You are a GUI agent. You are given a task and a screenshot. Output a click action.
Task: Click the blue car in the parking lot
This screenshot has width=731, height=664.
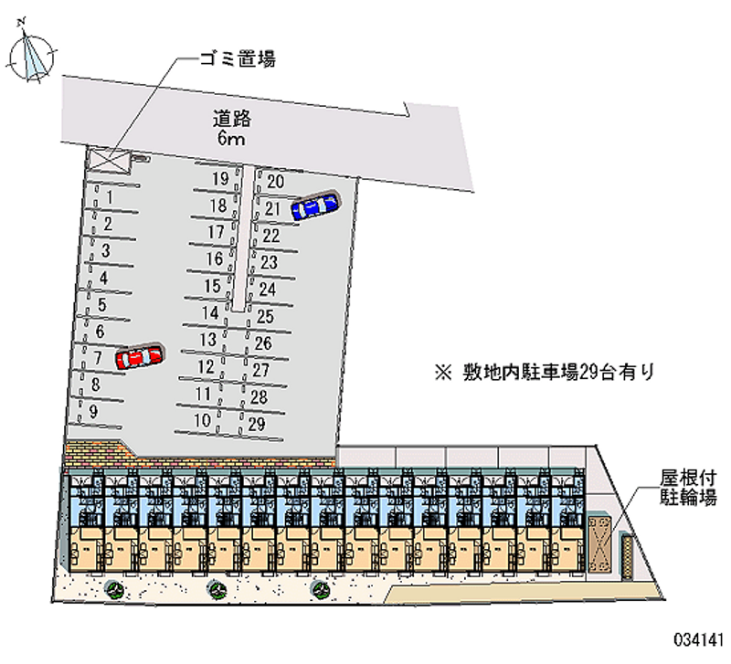coord(313,206)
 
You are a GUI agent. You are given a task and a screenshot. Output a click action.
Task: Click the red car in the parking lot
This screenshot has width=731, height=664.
coord(139,356)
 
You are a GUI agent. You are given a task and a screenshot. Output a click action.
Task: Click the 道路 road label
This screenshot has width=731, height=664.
coord(233,118)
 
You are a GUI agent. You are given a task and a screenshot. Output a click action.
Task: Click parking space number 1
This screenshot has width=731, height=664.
coord(109,195)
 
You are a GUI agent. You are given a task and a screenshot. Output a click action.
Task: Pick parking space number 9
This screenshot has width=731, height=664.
coord(94,411)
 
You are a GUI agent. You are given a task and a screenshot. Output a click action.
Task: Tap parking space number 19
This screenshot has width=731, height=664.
coord(219,178)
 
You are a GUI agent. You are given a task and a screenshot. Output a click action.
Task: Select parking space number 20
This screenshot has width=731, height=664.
coord(275,181)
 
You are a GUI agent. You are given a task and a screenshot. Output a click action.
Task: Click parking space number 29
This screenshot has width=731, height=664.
coord(256,424)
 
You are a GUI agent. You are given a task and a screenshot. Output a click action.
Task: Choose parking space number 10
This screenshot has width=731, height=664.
coord(203,421)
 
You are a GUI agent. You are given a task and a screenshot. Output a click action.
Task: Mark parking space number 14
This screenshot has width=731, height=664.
coord(210,313)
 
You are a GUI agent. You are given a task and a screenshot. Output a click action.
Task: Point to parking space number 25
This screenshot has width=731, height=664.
coord(266,316)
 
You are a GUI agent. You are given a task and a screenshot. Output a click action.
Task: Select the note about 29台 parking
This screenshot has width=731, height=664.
coord(545,372)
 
